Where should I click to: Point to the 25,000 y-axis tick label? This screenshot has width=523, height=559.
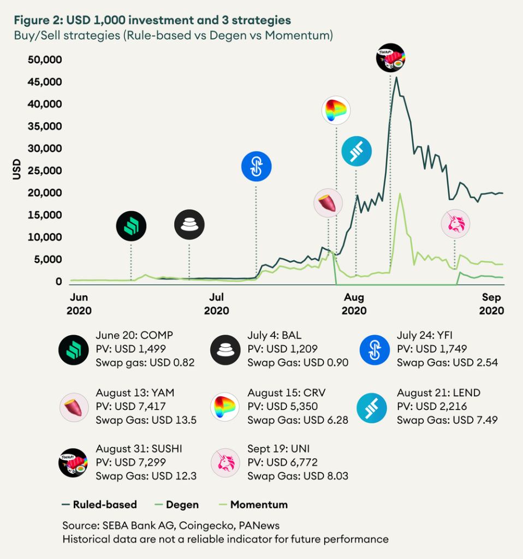44,170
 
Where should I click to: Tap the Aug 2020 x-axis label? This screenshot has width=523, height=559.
354,304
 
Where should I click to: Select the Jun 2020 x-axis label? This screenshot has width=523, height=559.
79,304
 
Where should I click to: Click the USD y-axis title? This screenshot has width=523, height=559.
16,170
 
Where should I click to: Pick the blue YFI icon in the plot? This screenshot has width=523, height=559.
256,166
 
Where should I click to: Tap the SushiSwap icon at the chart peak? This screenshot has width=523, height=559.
391,58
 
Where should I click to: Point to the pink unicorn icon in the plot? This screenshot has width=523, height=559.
455,224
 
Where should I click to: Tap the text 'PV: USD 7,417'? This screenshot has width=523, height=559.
130,406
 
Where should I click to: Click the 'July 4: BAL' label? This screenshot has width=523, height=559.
274,335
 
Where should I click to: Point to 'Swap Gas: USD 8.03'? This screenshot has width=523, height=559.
298,476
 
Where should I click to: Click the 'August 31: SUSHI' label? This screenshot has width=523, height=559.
139,449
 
